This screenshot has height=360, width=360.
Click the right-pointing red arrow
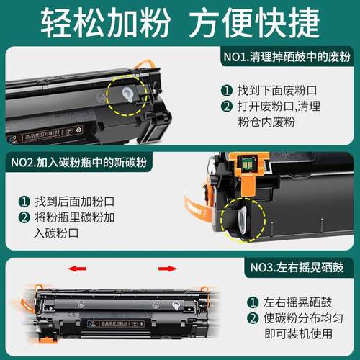coord(167,269)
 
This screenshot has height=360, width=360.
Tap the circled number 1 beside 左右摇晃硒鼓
coord(253,302)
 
